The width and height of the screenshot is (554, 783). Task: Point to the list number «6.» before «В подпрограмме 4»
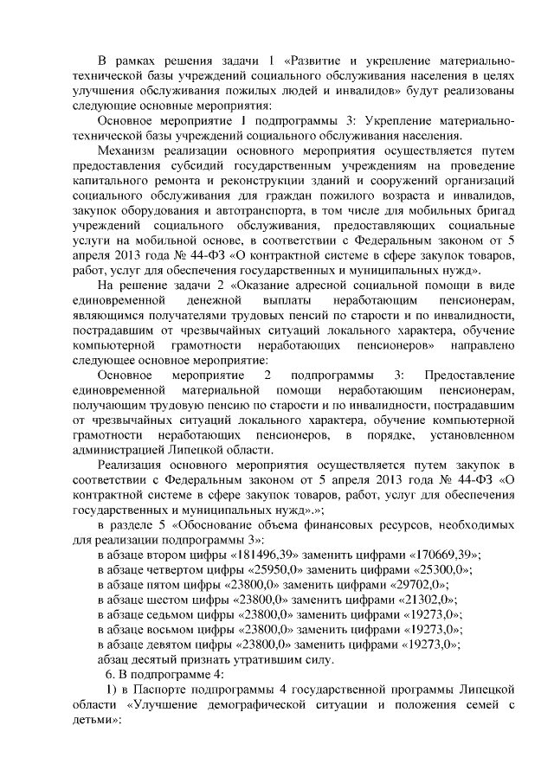click(110, 674)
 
